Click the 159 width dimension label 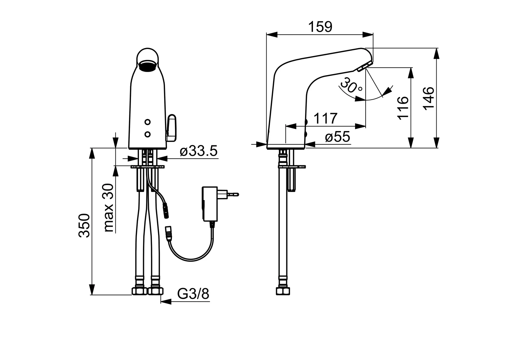click(320, 27)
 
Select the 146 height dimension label click(428, 98)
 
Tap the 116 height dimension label click(403, 108)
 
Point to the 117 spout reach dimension click(325, 118)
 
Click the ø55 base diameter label click(337, 137)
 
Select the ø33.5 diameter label click(199, 151)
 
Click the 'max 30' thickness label click(109, 208)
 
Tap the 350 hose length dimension click(84, 226)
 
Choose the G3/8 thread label click(193, 294)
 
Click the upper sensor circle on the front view click(147, 122)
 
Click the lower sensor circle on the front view click(147, 134)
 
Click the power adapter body click(210, 204)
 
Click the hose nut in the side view click(283, 291)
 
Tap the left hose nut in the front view click(139, 291)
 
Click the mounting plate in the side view click(292, 167)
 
